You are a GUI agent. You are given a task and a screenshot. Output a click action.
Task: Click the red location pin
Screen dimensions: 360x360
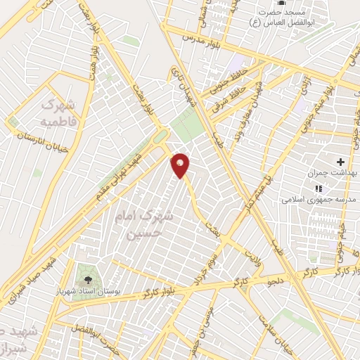pos(181,165)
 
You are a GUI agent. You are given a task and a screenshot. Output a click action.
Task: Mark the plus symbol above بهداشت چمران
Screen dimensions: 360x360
pos(341,162)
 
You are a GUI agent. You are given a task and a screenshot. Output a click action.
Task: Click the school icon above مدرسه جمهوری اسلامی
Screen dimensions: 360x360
pos(319,188)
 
